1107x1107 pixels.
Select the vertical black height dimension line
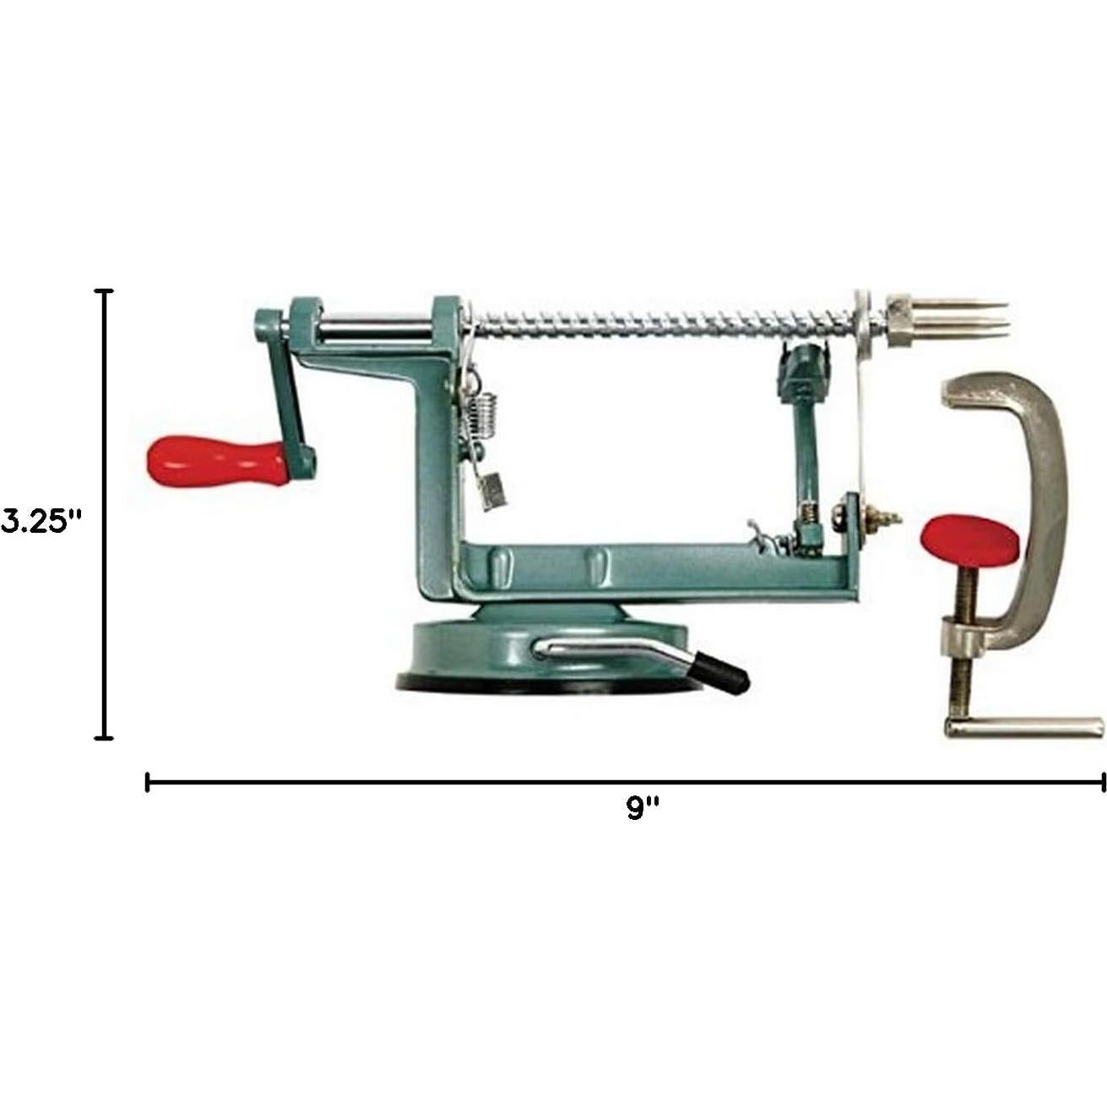(104, 515)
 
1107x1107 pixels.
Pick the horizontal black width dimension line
(625, 784)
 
